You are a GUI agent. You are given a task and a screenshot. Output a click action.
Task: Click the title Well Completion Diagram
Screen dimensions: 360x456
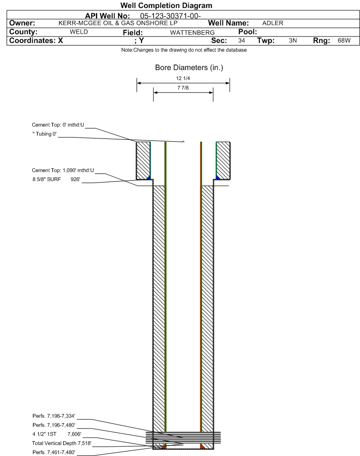point(166,6)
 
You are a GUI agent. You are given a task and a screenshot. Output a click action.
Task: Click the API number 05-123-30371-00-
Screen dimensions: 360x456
point(171,16)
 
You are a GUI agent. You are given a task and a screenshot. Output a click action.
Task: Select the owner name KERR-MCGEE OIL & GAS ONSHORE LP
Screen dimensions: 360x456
point(118,23)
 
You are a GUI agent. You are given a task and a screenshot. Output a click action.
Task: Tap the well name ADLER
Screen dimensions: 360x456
point(273,23)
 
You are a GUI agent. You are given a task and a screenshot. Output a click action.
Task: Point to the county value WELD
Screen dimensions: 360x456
point(79,32)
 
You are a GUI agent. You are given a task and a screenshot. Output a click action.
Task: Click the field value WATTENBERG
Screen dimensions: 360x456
point(193,33)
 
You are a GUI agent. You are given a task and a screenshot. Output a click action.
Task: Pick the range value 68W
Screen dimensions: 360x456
point(344,40)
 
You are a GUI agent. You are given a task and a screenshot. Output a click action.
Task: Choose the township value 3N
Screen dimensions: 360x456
point(293,40)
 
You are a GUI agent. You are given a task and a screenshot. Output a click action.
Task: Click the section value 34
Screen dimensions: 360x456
point(241,40)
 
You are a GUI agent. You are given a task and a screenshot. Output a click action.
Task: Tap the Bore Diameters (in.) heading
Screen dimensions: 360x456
point(189,68)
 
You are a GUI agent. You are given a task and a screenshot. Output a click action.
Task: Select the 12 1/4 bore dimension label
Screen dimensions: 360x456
point(183,78)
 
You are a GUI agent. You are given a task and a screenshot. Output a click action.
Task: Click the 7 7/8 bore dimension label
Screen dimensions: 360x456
point(183,88)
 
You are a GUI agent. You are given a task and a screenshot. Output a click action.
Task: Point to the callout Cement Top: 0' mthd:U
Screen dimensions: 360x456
point(58,125)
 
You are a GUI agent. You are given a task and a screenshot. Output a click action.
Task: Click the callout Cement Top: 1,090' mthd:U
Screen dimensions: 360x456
point(63,171)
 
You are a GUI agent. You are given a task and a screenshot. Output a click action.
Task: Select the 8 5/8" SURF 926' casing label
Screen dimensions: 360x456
point(56,180)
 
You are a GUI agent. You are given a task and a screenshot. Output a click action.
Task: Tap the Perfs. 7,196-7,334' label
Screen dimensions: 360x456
point(54,416)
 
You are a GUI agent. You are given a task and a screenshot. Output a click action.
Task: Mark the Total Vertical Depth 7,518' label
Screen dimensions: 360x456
point(62,444)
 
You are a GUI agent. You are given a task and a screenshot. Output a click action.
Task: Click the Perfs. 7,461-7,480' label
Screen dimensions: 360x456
point(54,453)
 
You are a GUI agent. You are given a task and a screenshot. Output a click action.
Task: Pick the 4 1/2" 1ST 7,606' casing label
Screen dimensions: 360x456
point(57,435)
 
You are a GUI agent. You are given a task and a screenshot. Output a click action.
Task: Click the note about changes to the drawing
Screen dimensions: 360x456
point(184,50)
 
